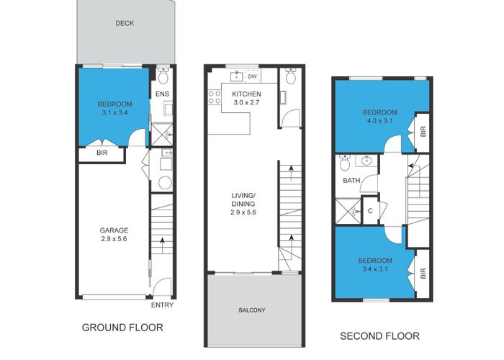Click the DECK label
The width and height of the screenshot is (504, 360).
coord(125,24)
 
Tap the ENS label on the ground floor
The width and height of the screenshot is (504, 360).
coord(163,94)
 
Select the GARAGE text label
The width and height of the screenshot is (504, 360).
coord(114,231)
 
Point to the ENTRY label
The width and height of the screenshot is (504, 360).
coord(162,305)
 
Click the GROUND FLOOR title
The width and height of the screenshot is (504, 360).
coord(122,327)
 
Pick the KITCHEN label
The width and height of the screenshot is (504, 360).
coord(246,94)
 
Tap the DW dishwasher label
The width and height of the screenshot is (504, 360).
coord(253,77)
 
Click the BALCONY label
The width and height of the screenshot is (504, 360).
coord(252,311)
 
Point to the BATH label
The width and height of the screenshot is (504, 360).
coord(351,181)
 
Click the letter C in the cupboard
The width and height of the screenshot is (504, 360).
coord(369,211)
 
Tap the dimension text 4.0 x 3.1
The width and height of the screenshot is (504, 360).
coord(379,122)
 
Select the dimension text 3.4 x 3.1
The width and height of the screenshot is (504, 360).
coord(376,269)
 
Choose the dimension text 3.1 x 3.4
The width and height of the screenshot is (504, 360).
coord(114,113)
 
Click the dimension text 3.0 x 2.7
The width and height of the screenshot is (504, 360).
coord(246,104)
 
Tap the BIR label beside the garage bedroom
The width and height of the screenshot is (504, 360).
coord(102,153)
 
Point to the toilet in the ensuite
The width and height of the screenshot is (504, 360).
coord(163,76)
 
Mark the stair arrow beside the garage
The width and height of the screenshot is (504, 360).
coord(163,242)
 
